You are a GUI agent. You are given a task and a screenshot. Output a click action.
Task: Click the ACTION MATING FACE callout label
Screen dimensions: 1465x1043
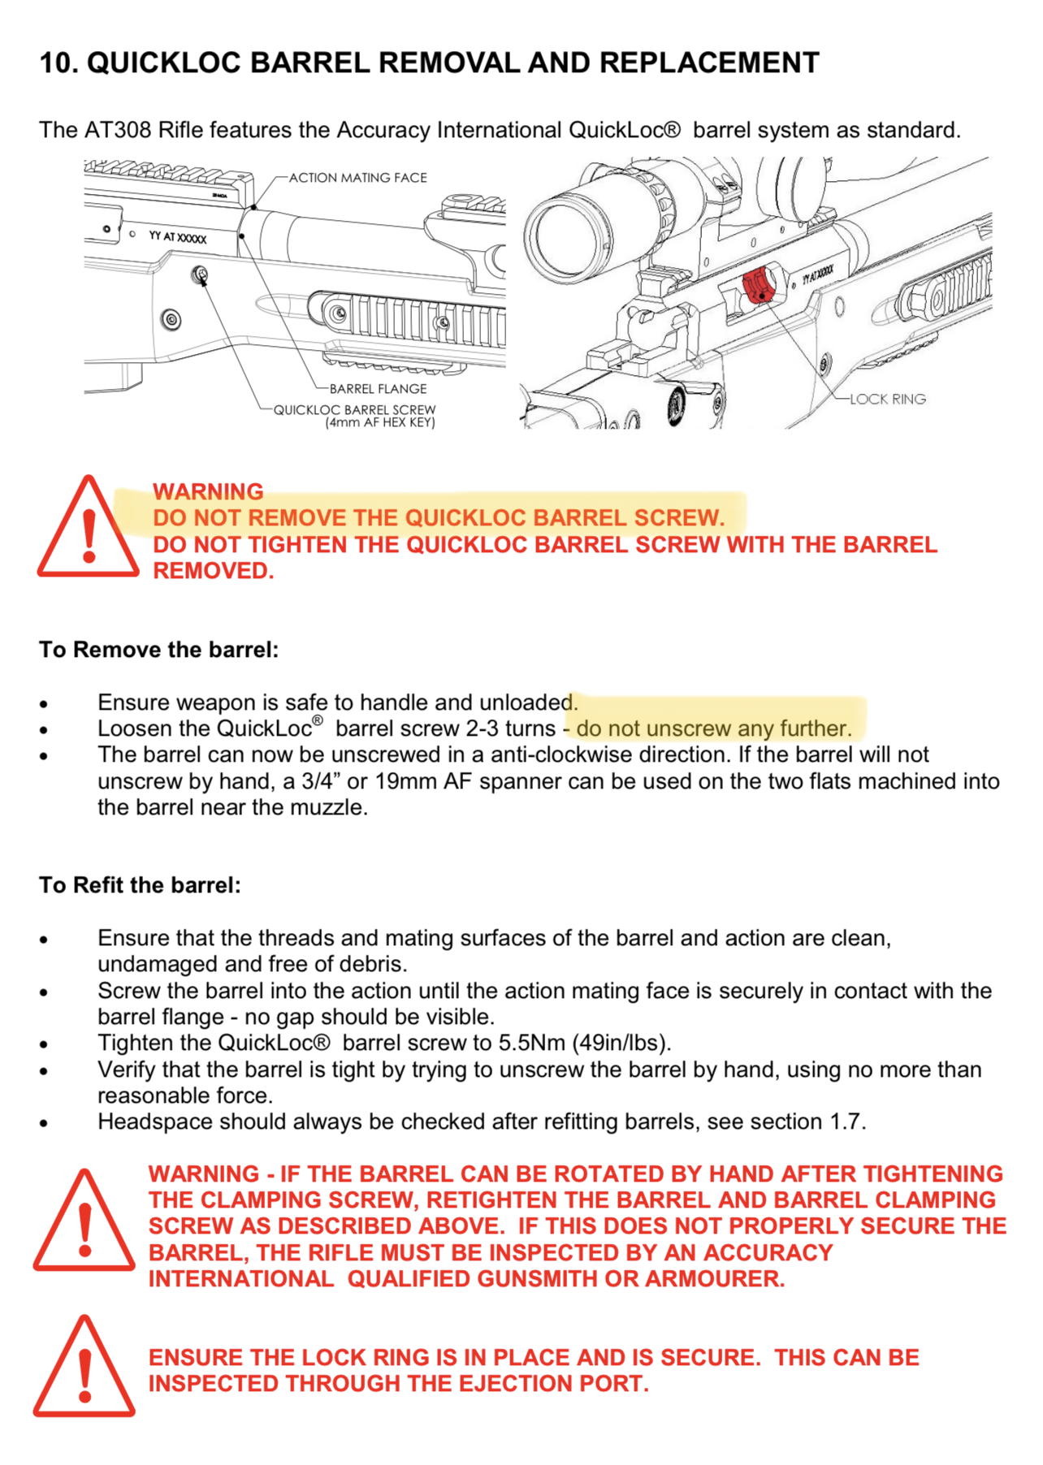(x=357, y=178)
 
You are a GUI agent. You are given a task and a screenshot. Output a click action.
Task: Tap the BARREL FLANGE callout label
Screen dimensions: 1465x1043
(x=378, y=389)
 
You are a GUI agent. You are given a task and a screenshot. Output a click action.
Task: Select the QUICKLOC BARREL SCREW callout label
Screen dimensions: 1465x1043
(x=354, y=410)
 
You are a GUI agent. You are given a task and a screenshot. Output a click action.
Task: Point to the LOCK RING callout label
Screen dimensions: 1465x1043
(x=887, y=400)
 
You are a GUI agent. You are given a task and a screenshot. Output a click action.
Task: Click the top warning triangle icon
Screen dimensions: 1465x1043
(x=88, y=529)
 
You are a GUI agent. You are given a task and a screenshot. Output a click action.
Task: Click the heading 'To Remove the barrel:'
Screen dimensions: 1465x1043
(x=158, y=650)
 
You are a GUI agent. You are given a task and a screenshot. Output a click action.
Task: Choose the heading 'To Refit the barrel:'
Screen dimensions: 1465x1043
(x=140, y=885)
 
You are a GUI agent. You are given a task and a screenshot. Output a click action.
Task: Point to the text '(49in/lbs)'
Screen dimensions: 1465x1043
(x=621, y=1044)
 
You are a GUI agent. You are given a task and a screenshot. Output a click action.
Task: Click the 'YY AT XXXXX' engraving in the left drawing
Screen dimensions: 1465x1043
(x=177, y=237)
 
